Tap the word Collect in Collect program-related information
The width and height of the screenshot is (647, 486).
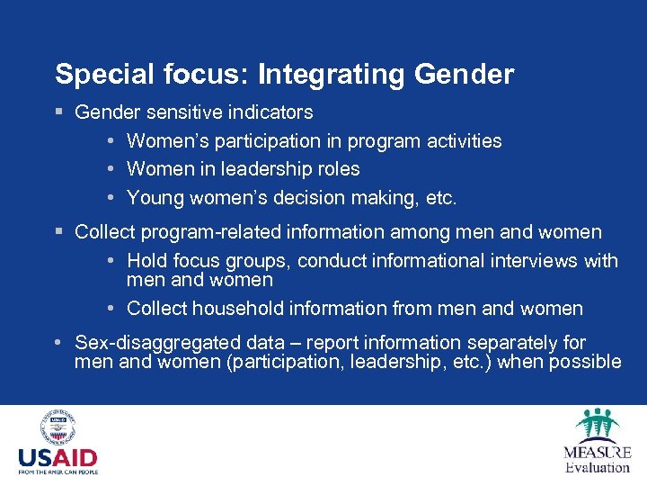click(102, 232)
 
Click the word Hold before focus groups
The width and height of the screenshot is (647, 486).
click(146, 261)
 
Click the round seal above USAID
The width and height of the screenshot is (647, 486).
click(58, 427)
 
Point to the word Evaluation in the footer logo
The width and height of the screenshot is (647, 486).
click(598, 467)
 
